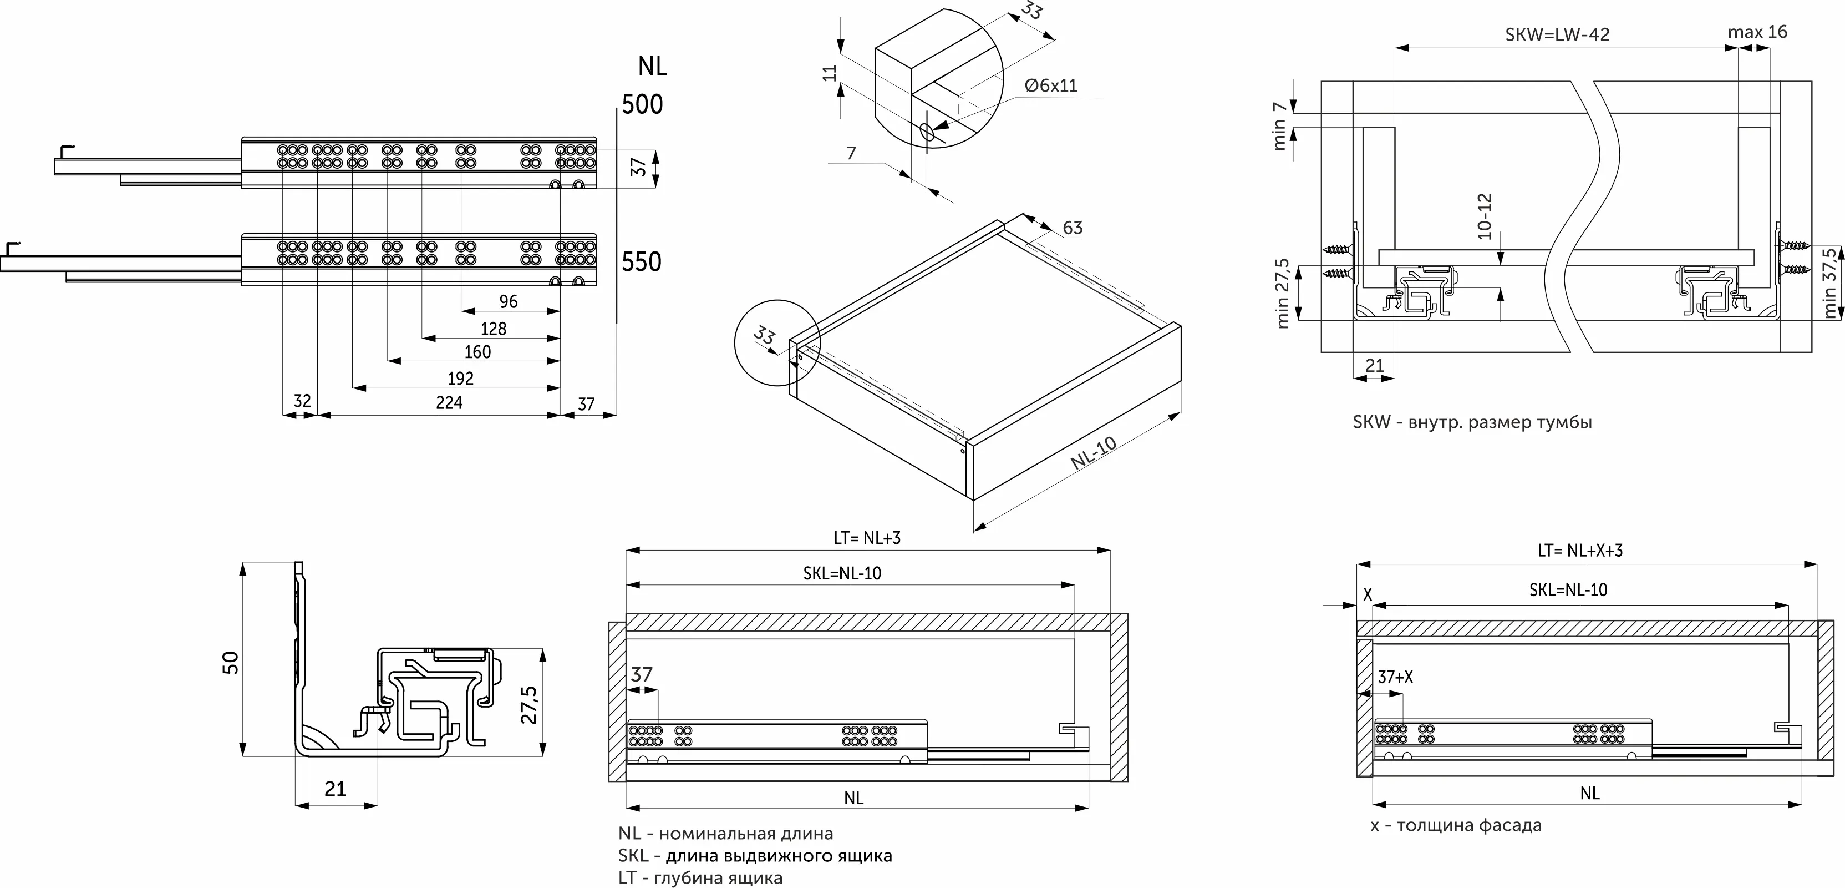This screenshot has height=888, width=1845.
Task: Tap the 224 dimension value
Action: (x=449, y=403)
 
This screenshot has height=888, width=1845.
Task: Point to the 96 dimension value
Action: (x=508, y=301)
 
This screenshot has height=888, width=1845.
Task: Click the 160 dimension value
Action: (x=477, y=352)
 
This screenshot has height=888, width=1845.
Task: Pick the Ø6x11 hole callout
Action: (x=1051, y=86)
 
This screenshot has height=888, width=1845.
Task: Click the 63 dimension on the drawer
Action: (x=1072, y=228)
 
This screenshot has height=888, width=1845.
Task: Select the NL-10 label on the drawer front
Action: (x=1094, y=453)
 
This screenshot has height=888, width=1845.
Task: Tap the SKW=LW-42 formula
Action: (x=1557, y=34)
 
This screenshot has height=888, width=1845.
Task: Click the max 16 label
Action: (x=1757, y=32)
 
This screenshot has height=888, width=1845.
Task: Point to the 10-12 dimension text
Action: (x=1483, y=216)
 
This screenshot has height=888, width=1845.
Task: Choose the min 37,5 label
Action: (x=1830, y=283)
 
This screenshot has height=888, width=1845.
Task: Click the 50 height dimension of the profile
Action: (x=230, y=662)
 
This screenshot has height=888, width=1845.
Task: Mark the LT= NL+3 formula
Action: (x=867, y=538)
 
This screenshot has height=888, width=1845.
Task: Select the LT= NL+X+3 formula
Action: (x=1580, y=551)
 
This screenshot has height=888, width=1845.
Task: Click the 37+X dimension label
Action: (x=1395, y=677)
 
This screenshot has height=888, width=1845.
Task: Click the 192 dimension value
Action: (x=460, y=378)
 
